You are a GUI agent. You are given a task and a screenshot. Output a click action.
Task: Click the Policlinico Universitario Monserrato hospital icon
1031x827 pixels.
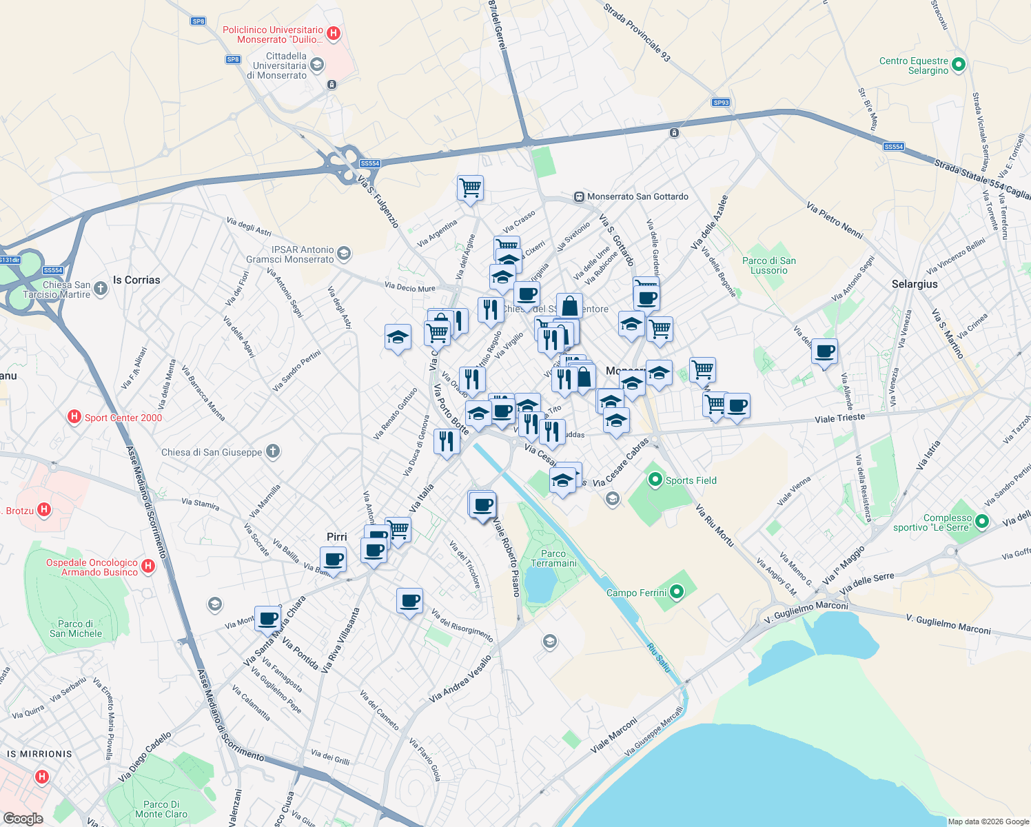[x=334, y=33]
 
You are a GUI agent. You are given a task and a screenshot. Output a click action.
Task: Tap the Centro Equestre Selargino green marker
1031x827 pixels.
[x=958, y=65]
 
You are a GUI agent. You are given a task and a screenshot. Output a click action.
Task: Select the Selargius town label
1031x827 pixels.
[x=915, y=284]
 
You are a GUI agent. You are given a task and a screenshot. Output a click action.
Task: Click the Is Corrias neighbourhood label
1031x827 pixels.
[x=136, y=280]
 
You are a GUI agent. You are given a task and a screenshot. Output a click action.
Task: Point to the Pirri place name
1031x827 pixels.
[x=337, y=537]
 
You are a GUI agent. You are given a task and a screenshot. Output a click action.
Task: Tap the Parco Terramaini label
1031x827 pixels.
[x=553, y=558]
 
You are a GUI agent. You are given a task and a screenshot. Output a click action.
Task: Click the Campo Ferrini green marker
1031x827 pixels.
[x=677, y=592]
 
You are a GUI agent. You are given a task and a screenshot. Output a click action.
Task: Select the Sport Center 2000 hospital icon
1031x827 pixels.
[x=74, y=417]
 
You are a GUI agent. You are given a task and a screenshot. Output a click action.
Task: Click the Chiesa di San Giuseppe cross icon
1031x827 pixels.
[x=273, y=452]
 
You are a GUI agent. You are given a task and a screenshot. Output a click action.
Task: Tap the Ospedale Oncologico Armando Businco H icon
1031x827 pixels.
[x=148, y=566]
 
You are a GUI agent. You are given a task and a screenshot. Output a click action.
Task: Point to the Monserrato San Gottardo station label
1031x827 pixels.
[x=637, y=196]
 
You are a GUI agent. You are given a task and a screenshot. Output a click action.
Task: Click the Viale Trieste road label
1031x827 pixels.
[x=839, y=418]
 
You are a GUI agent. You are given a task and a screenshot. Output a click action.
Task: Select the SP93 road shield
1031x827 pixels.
[x=721, y=103]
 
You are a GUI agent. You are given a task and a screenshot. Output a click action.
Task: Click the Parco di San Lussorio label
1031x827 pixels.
[x=769, y=265]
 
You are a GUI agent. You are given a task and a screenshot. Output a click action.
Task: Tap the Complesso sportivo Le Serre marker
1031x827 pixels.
[x=982, y=522]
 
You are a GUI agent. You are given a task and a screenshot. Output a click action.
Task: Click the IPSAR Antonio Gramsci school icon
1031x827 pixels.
[x=344, y=254]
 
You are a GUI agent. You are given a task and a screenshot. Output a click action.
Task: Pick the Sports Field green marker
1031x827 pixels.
[x=655, y=480]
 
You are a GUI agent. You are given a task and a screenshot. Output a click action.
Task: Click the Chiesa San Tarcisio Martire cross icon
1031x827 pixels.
[x=101, y=289]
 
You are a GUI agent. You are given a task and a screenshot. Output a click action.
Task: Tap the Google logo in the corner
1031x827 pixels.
[x=23, y=818]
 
